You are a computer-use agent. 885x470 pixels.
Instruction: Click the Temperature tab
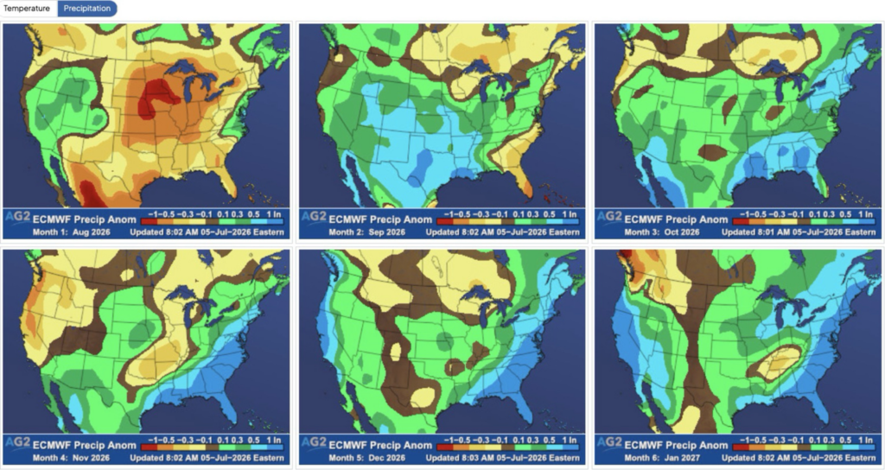coord(27,9)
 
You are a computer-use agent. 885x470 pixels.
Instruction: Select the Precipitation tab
coord(87,9)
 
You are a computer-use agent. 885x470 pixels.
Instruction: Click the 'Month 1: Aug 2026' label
coord(71,232)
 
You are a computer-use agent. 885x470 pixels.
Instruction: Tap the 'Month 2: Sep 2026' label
coord(366,232)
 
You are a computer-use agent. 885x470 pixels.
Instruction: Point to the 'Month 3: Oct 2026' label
coord(662,232)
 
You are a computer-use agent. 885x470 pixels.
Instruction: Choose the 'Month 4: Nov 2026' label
coord(71,458)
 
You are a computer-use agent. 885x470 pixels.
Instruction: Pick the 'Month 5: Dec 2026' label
coord(366,458)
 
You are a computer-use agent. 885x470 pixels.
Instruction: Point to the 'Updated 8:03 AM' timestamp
coord(462,458)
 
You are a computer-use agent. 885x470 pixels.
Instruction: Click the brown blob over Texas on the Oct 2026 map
coord(712,152)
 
